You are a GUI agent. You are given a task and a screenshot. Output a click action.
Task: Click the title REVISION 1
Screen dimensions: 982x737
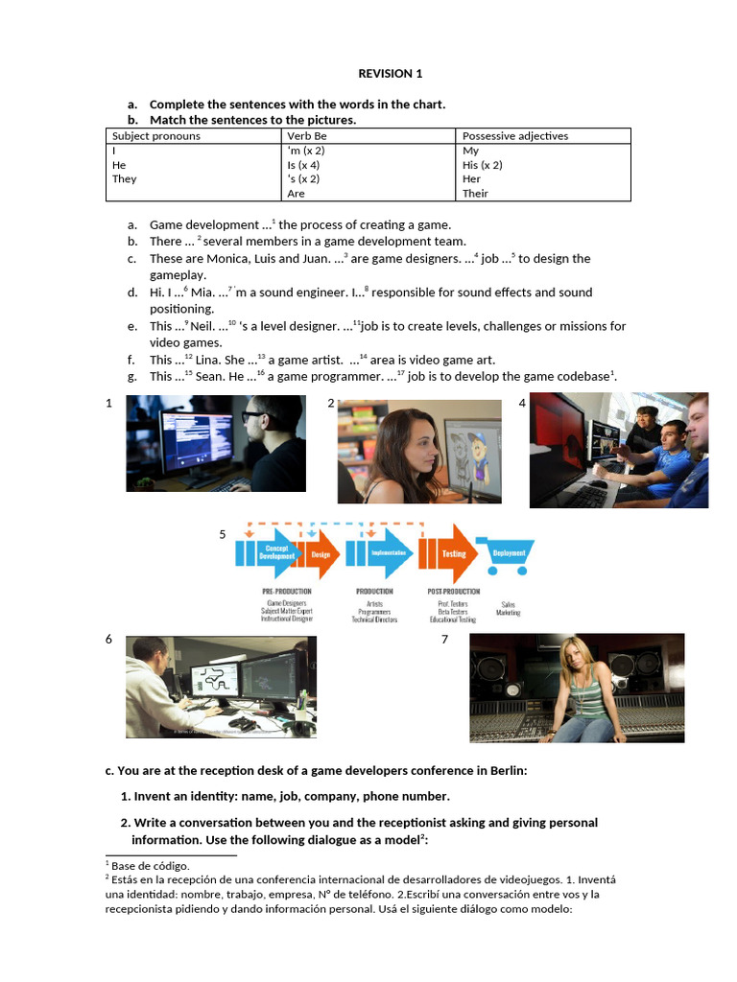(x=390, y=74)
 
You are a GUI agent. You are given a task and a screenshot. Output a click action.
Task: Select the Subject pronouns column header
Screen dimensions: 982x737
(x=156, y=136)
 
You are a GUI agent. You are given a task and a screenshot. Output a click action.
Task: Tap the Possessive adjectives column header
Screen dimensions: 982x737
(x=515, y=136)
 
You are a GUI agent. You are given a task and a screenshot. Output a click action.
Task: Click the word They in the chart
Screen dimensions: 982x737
(x=125, y=179)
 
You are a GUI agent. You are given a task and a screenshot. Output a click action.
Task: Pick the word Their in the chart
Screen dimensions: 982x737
(x=475, y=194)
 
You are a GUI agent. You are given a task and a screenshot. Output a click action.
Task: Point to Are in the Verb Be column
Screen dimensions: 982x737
(x=296, y=194)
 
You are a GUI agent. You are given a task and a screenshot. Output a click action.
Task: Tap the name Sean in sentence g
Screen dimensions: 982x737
(x=212, y=377)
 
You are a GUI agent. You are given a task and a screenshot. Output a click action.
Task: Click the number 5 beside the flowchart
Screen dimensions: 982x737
(x=223, y=534)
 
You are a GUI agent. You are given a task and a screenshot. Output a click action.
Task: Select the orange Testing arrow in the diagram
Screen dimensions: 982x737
(x=452, y=554)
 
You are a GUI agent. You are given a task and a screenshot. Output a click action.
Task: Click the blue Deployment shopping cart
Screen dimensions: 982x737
(x=508, y=554)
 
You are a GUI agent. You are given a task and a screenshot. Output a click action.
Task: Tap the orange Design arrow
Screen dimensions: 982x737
(x=321, y=554)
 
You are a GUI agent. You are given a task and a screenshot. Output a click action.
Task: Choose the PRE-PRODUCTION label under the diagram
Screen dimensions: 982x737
(x=287, y=592)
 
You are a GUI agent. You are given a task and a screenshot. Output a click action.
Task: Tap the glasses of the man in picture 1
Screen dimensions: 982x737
(x=252, y=417)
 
